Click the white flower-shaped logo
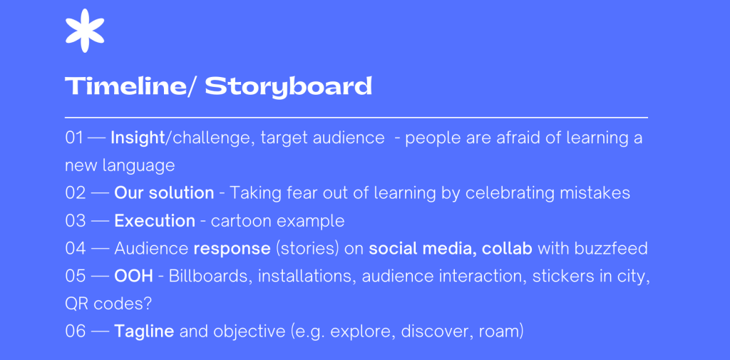tap(85, 30)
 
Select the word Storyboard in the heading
tap(289, 87)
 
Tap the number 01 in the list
tap(74, 138)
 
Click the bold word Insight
tap(138, 138)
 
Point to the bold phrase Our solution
tap(165, 193)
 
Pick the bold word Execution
tap(155, 221)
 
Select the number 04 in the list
tap(76, 249)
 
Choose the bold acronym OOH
tap(133, 276)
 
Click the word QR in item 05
tap(77, 304)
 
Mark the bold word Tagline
tap(144, 332)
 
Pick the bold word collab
tap(507, 249)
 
